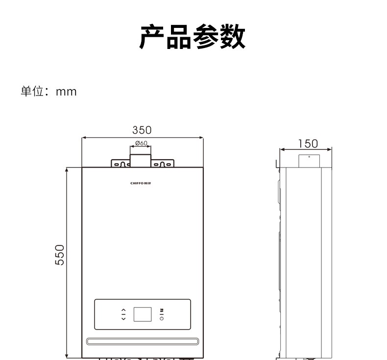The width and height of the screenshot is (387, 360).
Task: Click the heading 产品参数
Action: click(193, 38)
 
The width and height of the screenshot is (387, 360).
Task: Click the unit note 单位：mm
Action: click(48, 92)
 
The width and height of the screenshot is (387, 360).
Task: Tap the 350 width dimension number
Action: click(142, 130)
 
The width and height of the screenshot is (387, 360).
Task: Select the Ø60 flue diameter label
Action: click(142, 143)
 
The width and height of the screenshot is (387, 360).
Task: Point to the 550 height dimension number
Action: click(59, 255)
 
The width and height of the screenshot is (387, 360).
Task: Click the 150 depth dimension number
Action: click(308, 144)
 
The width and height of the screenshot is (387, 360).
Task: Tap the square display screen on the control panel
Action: click(143, 314)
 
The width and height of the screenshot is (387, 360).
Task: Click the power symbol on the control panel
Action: click(162, 318)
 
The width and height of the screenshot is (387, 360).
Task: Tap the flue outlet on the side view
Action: click(309, 161)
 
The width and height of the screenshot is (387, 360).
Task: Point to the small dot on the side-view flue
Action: click(309, 157)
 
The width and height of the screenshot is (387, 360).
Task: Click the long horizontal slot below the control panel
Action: click(143, 341)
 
